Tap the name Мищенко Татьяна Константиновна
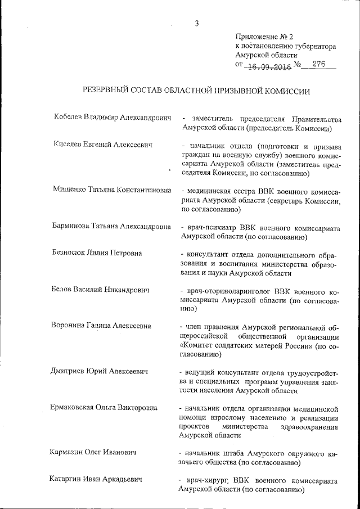pos(112,190)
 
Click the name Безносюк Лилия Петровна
pos(96,253)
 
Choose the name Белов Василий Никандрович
pos(101,290)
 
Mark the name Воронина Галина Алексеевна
pos(101,326)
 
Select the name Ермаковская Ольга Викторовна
pos(105,407)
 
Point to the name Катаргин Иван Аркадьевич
pos(96,479)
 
